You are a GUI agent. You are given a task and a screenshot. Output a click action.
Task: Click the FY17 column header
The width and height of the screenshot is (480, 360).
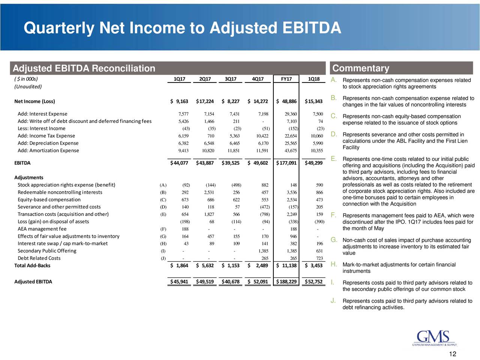286,79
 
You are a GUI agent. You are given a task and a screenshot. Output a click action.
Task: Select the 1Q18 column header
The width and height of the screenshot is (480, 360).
314,79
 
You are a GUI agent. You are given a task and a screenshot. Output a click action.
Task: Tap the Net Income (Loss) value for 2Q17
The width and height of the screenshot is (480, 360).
205,101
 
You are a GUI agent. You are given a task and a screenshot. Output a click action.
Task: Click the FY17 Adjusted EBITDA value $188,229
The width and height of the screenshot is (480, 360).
286,282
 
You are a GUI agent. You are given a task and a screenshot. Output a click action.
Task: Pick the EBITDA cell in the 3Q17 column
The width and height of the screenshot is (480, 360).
231,163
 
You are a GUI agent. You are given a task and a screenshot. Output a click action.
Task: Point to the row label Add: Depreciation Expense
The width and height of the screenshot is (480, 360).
48,143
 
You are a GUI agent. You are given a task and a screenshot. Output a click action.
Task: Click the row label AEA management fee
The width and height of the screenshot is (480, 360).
42,229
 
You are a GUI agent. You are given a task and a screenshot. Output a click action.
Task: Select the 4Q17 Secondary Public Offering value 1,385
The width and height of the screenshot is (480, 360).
263,251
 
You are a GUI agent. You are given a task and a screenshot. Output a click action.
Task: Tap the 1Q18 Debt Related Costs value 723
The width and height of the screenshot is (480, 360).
319,258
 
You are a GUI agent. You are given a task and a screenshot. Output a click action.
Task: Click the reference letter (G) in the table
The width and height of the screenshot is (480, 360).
163,236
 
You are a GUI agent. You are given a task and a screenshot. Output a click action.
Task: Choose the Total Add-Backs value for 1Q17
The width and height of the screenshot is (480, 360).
179,265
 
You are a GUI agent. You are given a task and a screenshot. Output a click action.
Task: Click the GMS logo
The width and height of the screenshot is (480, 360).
434,338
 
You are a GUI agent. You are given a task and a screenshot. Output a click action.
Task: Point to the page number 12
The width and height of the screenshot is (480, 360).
453,354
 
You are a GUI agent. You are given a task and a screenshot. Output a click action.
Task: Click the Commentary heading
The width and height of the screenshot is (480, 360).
361,68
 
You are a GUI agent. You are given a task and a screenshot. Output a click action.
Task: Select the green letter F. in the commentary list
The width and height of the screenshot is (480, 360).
333,215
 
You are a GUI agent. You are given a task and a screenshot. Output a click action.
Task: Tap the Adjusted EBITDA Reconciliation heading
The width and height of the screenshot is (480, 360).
84,68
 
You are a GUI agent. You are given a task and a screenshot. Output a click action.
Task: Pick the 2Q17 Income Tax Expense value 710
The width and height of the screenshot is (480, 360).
211,136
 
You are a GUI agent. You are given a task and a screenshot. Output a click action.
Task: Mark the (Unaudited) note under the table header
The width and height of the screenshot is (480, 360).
28,87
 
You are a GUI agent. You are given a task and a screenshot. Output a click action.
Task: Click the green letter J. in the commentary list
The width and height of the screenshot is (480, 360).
333,301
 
